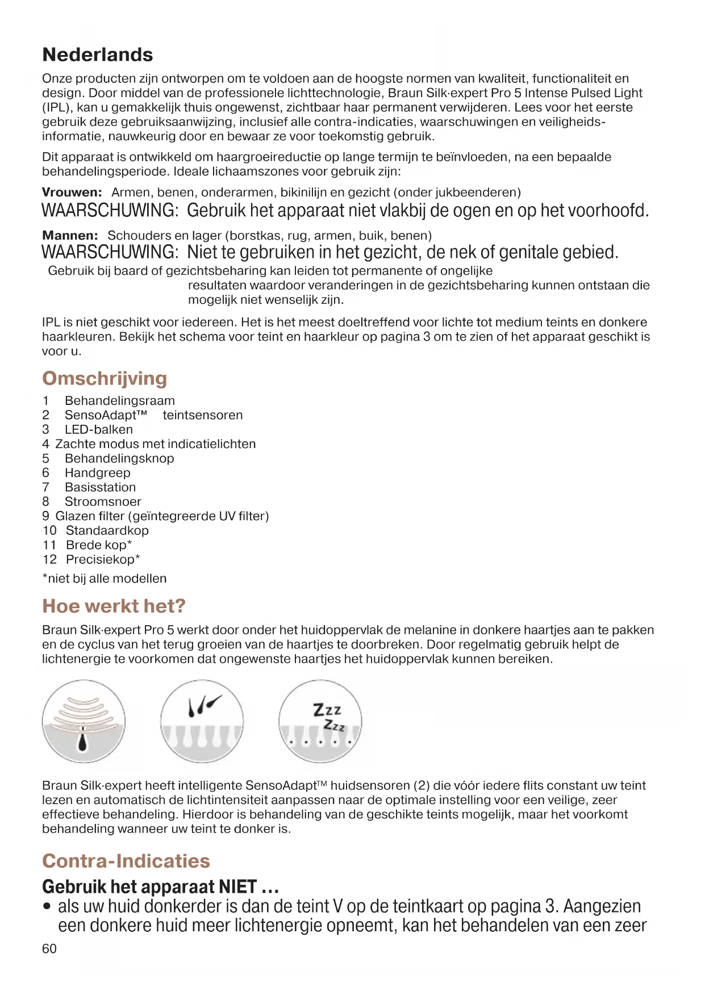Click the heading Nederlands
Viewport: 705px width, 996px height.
click(x=98, y=55)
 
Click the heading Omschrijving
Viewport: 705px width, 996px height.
click(x=105, y=378)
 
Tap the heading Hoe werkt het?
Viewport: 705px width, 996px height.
click(x=114, y=606)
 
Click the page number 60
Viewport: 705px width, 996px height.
click(x=49, y=949)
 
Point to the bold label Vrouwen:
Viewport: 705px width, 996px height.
click(x=72, y=192)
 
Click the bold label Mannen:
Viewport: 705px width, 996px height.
click(x=70, y=235)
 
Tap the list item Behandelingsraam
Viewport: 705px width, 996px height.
click(x=119, y=400)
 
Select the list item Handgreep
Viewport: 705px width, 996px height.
click(x=97, y=472)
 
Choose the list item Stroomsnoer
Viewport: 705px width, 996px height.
click(x=103, y=501)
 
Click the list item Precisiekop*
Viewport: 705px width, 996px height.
click(x=103, y=559)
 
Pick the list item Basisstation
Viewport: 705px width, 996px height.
click(x=100, y=487)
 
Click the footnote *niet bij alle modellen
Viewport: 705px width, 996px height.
click(x=105, y=579)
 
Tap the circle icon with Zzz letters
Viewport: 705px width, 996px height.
click(x=320, y=722)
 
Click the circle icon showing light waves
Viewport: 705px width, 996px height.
click(x=84, y=722)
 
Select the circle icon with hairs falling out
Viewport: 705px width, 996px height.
click(x=202, y=722)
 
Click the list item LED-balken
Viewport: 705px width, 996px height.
click(x=98, y=429)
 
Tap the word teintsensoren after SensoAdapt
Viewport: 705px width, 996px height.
click(x=202, y=415)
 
